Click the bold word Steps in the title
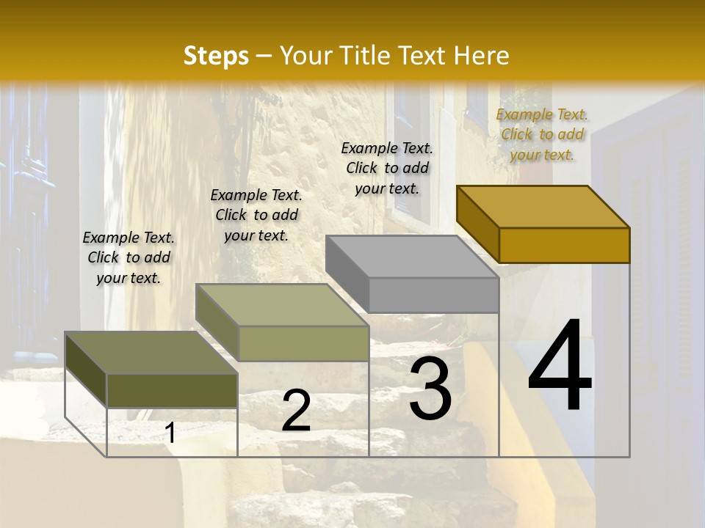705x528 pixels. [x=216, y=56]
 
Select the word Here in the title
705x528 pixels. [x=482, y=56]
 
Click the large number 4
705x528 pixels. [x=560, y=367]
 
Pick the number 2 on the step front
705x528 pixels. [x=296, y=411]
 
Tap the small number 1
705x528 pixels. [x=170, y=433]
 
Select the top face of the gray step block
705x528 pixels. [x=412, y=256]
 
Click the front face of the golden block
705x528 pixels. [x=564, y=245]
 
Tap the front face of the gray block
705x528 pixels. [x=433, y=295]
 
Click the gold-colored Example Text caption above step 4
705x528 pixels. [x=542, y=134]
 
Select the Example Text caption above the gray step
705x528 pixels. [x=387, y=168]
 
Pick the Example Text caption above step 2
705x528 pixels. [x=256, y=215]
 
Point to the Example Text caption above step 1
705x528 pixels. [x=129, y=257]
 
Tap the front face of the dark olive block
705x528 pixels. [x=172, y=390]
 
